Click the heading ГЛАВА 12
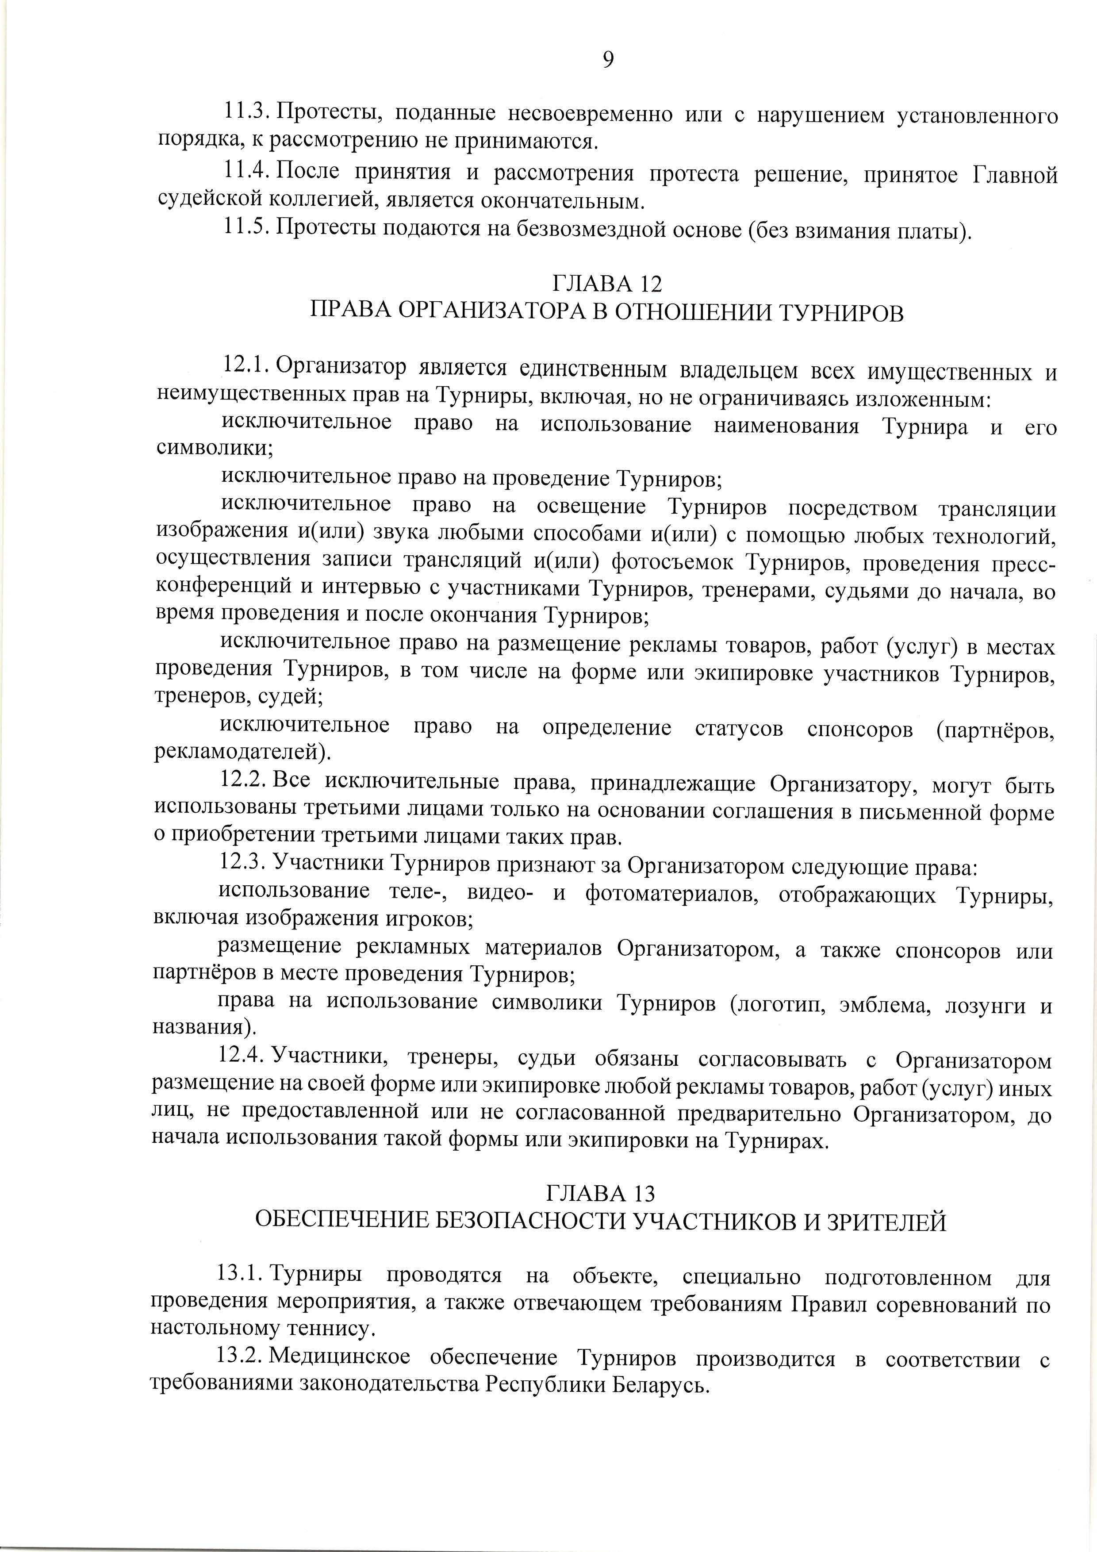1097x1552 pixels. pos(607,283)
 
